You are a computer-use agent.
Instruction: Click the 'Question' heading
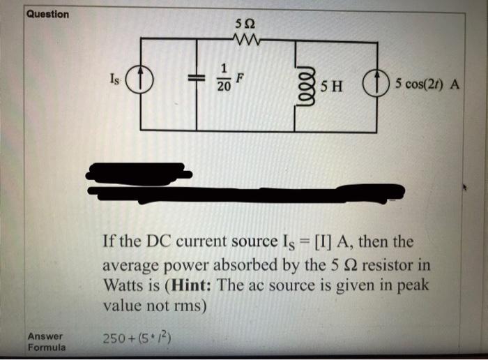48,14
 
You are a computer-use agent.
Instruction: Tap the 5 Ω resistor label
243,24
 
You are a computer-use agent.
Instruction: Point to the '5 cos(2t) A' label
427,85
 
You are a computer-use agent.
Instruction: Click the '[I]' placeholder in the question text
325,242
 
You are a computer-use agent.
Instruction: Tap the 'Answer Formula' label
46,341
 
